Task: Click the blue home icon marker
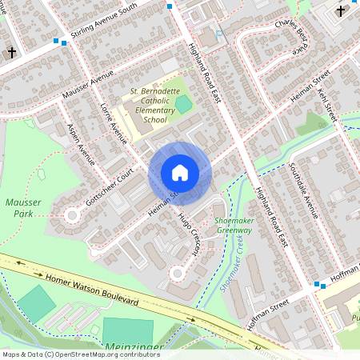[x=180, y=173]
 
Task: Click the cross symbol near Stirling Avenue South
[x=11, y=53]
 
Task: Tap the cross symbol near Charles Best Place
[x=341, y=11]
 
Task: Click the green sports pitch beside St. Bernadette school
[x=184, y=103]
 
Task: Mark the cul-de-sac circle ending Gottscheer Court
[x=72, y=215]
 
